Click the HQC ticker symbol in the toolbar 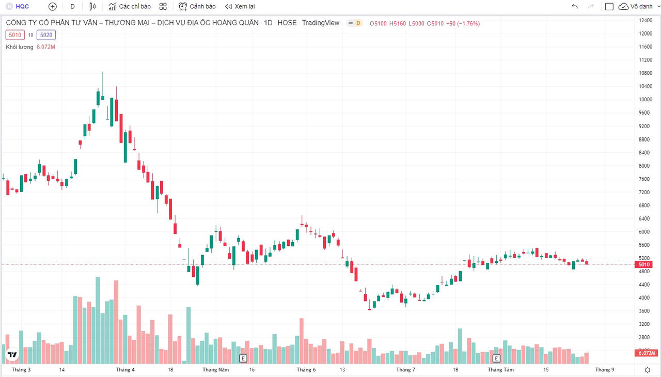[22, 7]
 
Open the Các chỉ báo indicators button [130, 7]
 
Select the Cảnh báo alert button [197, 7]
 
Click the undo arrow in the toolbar [575, 7]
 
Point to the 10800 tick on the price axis [644, 73]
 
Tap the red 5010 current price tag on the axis [644, 264]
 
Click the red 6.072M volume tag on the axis [647, 353]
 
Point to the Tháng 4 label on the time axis [125, 370]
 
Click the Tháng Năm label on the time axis [216, 370]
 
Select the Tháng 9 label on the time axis [605, 370]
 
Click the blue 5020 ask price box [46, 35]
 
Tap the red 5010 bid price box [15, 35]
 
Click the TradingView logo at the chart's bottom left [12, 355]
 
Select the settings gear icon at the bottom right [648, 370]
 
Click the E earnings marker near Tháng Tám [497, 358]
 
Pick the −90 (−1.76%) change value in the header [463, 23]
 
